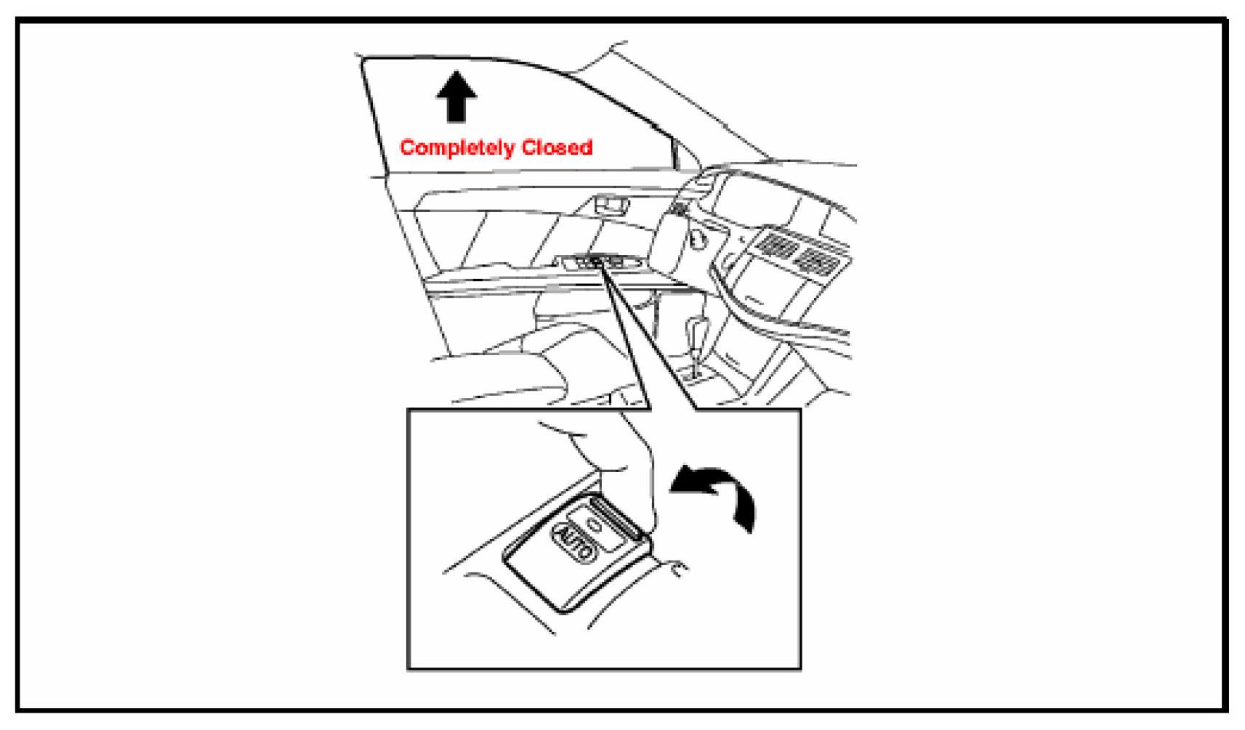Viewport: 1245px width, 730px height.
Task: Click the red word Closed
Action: click(x=557, y=147)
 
